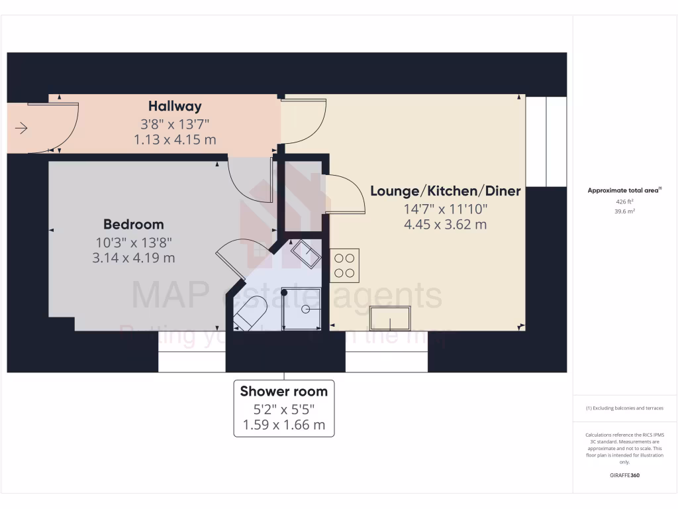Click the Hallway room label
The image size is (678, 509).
tap(175, 106)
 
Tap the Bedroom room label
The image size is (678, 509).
tap(133, 224)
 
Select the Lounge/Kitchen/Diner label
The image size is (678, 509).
tap(445, 192)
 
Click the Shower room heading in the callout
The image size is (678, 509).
tap(283, 391)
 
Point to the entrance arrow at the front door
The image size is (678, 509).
tap(21, 128)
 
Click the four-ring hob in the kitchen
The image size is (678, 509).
tap(344, 265)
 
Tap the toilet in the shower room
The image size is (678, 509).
tap(251, 313)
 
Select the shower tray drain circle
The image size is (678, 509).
tap(306, 309)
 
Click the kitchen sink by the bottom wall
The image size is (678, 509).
tap(390, 318)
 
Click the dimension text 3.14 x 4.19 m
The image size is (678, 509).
tap(134, 258)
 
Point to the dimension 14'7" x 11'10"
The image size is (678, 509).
tap(445, 209)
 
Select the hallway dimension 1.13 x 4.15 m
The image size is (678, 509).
tap(175, 140)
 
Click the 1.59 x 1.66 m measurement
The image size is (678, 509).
tap(283, 425)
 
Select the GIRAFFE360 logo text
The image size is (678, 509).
tap(624, 475)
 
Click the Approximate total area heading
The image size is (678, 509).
tap(624, 190)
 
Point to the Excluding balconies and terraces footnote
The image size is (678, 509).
tap(624, 408)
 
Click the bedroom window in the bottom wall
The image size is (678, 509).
tap(191, 361)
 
